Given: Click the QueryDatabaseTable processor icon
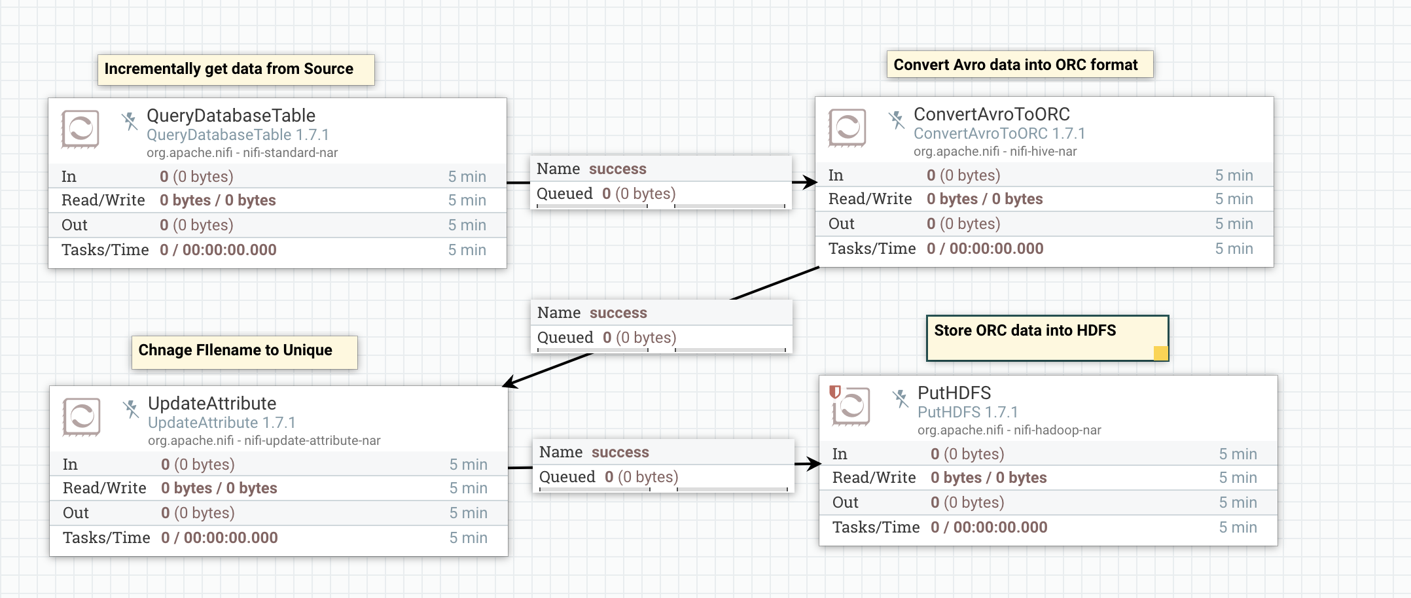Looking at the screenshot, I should pyautogui.click(x=80, y=128).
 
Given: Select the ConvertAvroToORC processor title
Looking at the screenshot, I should pyautogui.click(x=991, y=114).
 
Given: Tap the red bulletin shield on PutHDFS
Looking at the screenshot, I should pyautogui.click(x=834, y=392).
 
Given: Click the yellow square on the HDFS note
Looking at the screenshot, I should pyautogui.click(x=1160, y=353).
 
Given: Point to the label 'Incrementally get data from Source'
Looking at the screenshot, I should pyautogui.click(x=229, y=69).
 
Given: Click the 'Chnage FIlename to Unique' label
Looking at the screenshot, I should pyautogui.click(x=236, y=351).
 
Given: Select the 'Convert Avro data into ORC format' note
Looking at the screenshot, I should pyautogui.click(x=1016, y=65).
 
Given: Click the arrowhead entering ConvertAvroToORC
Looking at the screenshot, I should pyautogui.click(x=809, y=182).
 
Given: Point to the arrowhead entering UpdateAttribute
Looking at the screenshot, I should pyautogui.click(x=511, y=383).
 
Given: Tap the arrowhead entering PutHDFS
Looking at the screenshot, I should pyautogui.click(x=813, y=464).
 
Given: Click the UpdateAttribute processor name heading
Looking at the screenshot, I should pyautogui.click(x=212, y=404).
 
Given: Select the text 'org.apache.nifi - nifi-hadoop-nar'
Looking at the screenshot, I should pyautogui.click(x=1009, y=430).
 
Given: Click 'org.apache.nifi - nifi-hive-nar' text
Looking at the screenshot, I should pyautogui.click(x=995, y=151).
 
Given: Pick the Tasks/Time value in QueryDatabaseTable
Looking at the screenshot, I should pyautogui.click(x=218, y=250).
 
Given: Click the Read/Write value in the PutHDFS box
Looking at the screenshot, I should pyautogui.click(x=988, y=478).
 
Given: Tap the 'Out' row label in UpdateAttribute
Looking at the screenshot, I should pyautogui.click(x=76, y=513).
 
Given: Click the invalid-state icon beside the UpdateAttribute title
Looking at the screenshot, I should pyautogui.click(x=131, y=409).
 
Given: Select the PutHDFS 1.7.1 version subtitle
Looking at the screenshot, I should pyautogui.click(x=967, y=412).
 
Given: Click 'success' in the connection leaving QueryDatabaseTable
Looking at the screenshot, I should pyautogui.click(x=618, y=169).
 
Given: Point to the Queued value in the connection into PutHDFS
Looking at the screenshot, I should pyautogui.click(x=641, y=477).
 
